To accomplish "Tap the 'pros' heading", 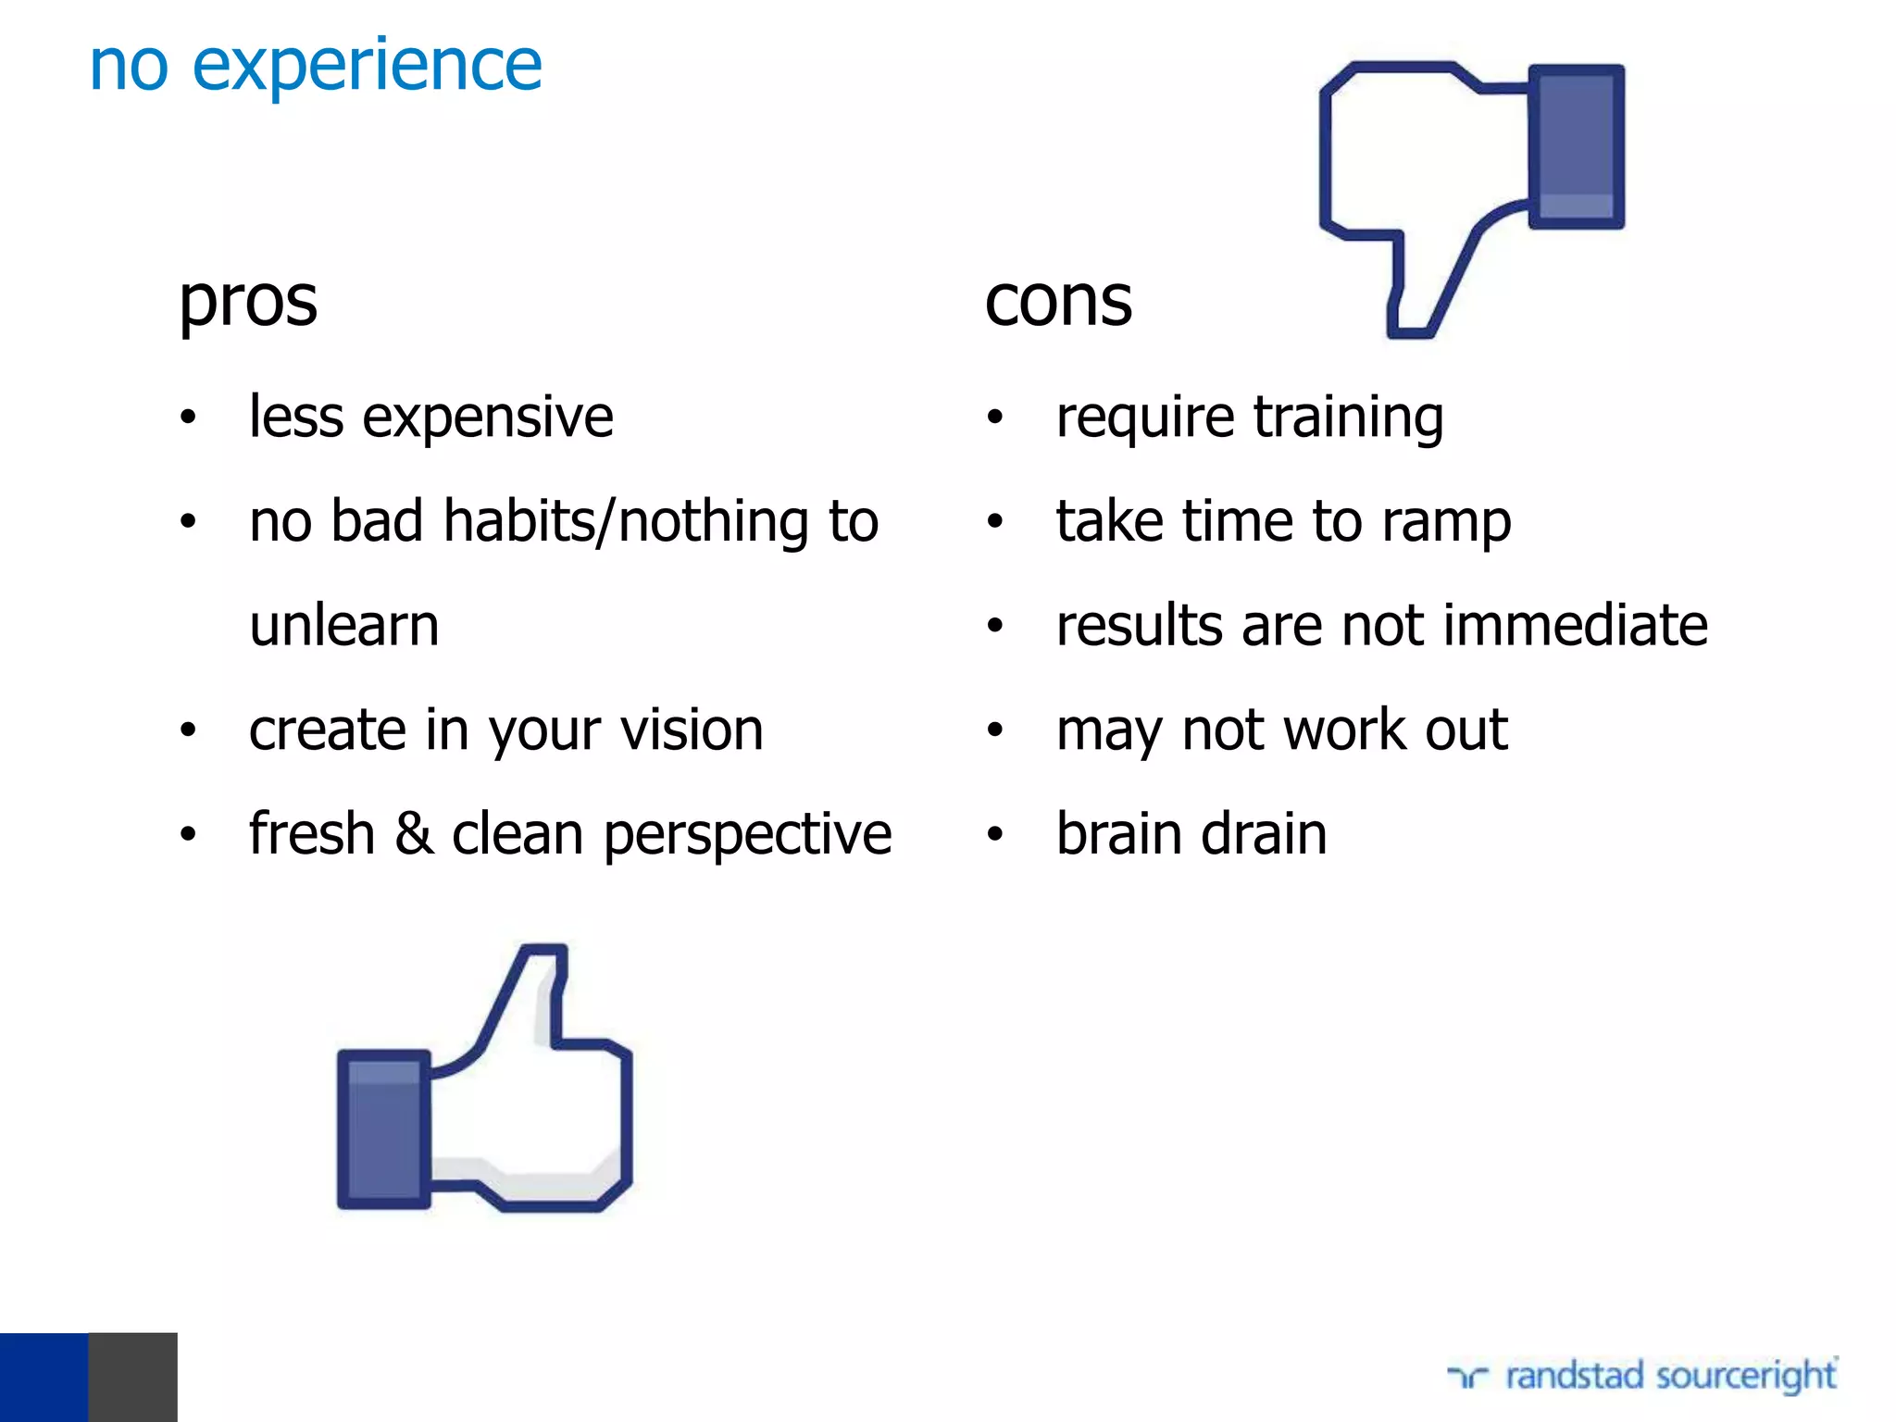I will point(248,304).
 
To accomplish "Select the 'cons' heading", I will point(1058,302).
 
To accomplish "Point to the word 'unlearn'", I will point(344,626).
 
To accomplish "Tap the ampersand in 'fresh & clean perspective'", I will point(413,833).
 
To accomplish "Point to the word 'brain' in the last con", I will point(1118,833).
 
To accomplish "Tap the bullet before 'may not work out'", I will point(995,730).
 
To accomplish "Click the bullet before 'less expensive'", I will point(188,418).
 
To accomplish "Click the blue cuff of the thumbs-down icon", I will point(1576,146).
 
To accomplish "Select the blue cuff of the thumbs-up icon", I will point(383,1129).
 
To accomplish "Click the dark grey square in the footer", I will point(132,1377).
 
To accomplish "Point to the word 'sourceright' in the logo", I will point(1746,1376).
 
